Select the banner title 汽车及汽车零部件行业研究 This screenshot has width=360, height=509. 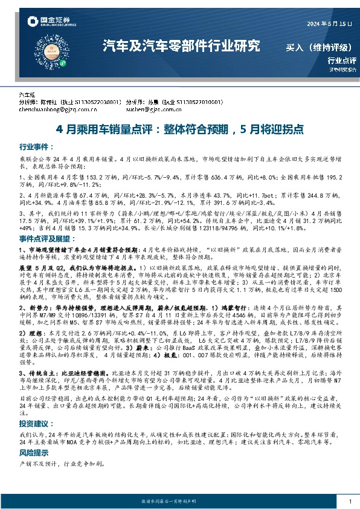click(181, 45)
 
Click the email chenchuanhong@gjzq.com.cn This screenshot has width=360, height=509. click(59, 111)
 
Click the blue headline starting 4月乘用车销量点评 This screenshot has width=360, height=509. click(179, 129)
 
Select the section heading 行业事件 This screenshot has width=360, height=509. click(34, 146)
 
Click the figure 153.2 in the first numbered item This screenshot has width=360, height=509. click(95, 177)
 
